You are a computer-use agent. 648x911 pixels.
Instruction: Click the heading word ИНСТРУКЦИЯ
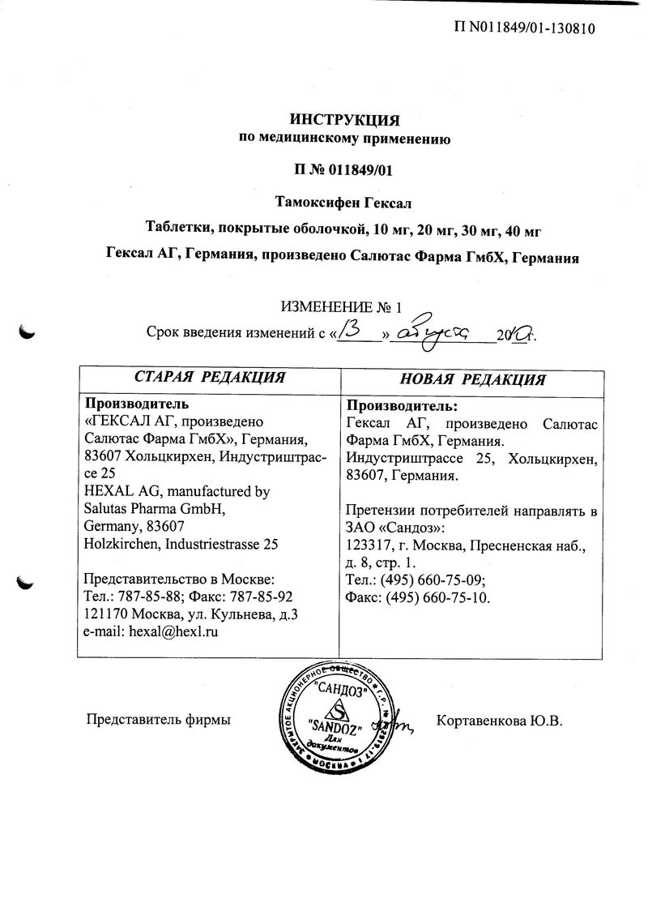346,121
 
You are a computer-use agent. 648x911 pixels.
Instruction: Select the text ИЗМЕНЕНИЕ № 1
341,307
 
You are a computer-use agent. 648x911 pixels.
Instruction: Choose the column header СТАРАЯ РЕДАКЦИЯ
209,378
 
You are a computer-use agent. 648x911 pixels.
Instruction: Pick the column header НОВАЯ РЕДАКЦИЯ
473,379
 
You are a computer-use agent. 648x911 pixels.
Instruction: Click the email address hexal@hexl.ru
177,630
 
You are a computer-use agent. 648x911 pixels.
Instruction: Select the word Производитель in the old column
137,404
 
